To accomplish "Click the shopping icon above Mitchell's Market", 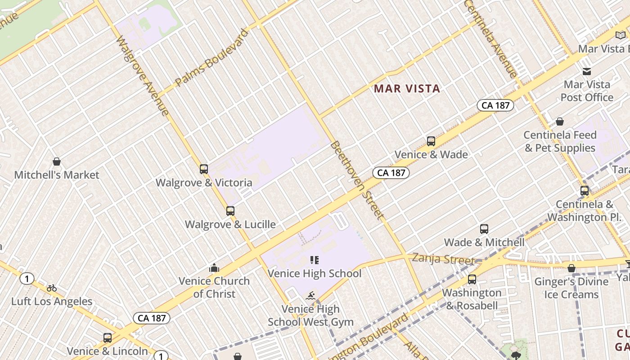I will coord(57,162).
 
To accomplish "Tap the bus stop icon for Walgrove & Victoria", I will coord(204,169).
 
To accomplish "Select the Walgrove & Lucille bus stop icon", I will coord(230,211).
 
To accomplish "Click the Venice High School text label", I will coord(315,273).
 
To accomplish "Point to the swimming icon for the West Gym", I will coord(310,296).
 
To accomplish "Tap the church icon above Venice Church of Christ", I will coord(214,268).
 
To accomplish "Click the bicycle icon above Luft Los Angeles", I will coord(52,288).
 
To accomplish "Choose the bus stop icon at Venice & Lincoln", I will coord(108,338).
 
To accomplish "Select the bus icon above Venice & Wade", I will coord(431,141).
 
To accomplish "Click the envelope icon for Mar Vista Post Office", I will coord(587,71).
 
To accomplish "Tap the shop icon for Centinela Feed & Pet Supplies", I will coord(560,121).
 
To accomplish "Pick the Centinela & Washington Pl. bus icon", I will coord(585,191).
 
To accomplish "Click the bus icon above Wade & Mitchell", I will coord(484,229).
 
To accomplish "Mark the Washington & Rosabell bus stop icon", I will coord(472,279).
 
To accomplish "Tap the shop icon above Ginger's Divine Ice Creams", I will coord(571,269).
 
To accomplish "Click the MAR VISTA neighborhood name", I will coord(407,89).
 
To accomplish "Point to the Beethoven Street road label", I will coord(358,180).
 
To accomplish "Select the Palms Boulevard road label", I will coord(212,58).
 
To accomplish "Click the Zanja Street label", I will coord(443,260).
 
